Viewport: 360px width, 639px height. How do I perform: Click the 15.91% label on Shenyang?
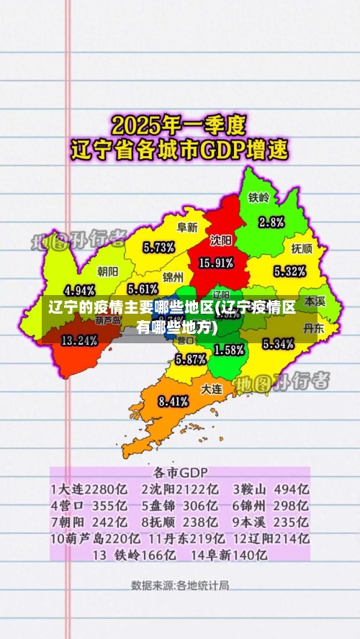(x=215, y=263)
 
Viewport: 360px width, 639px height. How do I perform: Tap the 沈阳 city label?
(x=221, y=240)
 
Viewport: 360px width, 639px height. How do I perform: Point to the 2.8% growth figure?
(x=271, y=221)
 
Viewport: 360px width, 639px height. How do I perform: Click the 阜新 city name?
(x=187, y=227)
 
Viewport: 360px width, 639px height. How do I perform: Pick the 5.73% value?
(x=159, y=247)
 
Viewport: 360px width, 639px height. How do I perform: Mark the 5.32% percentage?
(x=289, y=271)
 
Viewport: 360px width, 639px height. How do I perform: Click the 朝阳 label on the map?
(x=108, y=271)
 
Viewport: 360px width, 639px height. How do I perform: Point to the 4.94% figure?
(x=80, y=291)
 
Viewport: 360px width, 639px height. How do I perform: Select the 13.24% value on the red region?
(x=79, y=340)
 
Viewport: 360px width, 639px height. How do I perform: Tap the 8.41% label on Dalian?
(x=173, y=401)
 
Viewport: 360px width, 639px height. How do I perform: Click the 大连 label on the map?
(x=211, y=388)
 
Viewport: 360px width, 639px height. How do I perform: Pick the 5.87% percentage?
(x=191, y=358)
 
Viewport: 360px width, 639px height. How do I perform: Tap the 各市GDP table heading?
(x=180, y=473)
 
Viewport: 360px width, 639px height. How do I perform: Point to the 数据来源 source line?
(x=180, y=584)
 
